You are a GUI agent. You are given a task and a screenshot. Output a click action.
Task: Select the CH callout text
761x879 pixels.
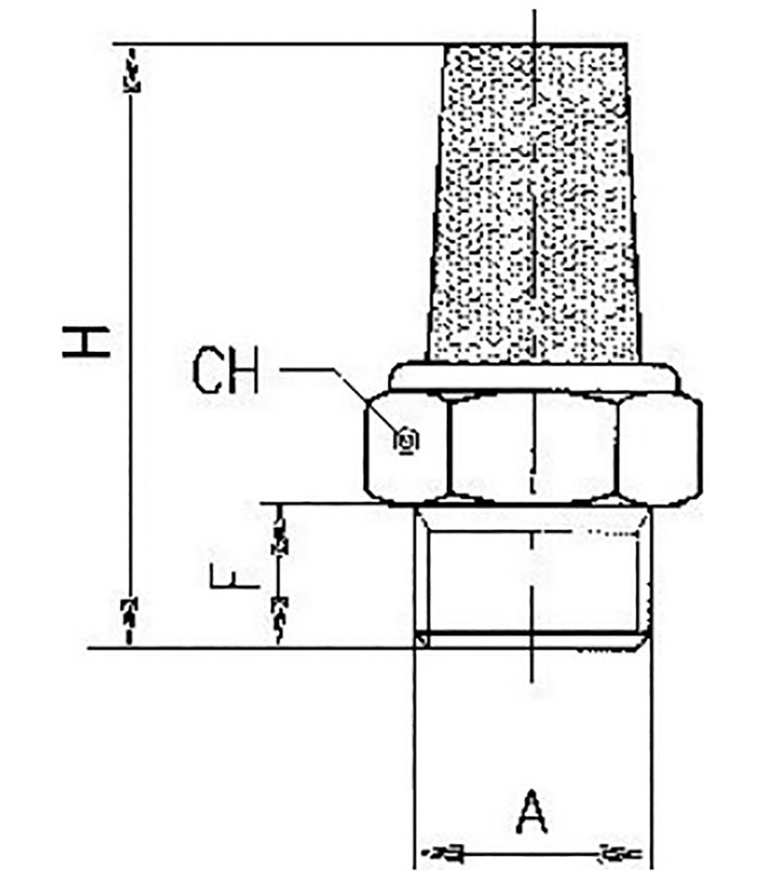tap(225, 371)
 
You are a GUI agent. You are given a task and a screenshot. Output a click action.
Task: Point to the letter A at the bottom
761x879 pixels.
tap(533, 812)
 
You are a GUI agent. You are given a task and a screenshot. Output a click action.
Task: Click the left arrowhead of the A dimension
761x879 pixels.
tap(442, 853)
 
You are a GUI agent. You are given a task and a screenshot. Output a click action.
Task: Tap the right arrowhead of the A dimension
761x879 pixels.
tap(619, 853)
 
